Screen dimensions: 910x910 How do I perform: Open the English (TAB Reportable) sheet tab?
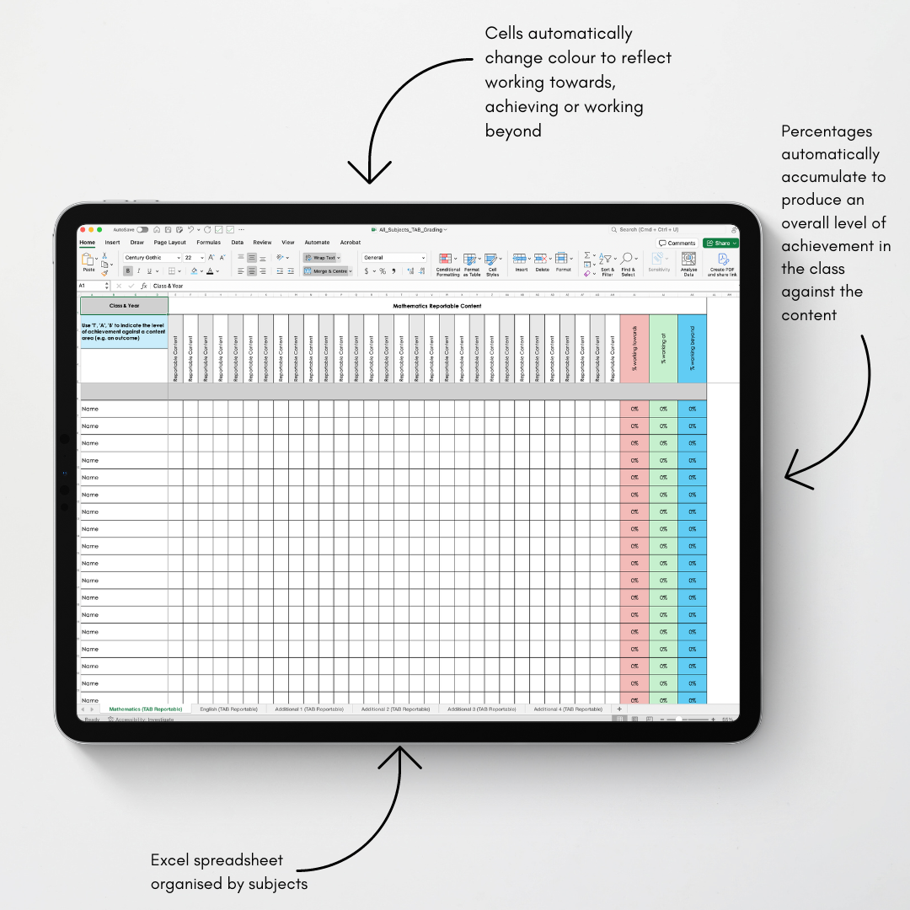pyautogui.click(x=228, y=709)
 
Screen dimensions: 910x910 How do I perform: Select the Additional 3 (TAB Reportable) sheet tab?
pyautogui.click(x=481, y=709)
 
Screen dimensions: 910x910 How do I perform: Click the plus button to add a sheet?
pyautogui.click(x=619, y=709)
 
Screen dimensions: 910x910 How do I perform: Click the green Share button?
pyautogui.click(x=720, y=243)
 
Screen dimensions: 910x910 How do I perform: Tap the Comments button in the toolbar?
pyautogui.click(x=678, y=243)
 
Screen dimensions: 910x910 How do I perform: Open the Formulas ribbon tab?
pyautogui.click(x=208, y=243)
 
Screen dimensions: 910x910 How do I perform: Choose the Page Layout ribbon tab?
pyautogui.click(x=169, y=243)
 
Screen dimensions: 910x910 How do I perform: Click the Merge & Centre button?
pyautogui.click(x=326, y=271)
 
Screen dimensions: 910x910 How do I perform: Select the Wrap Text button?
pyautogui.click(x=322, y=258)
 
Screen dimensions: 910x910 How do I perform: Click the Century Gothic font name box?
pyautogui.click(x=152, y=258)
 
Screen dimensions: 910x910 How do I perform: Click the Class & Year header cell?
pyautogui.click(x=124, y=306)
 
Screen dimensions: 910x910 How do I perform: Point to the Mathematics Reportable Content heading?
pyautogui.click(x=437, y=306)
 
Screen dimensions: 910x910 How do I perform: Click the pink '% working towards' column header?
pyautogui.click(x=634, y=349)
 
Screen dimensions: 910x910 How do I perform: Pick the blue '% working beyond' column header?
pyautogui.click(x=692, y=349)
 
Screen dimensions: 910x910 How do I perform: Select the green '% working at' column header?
pyautogui.click(x=663, y=349)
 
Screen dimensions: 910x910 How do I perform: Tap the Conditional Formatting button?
pyautogui.click(x=447, y=263)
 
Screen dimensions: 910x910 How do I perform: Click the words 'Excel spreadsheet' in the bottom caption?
pyautogui.click(x=217, y=860)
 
